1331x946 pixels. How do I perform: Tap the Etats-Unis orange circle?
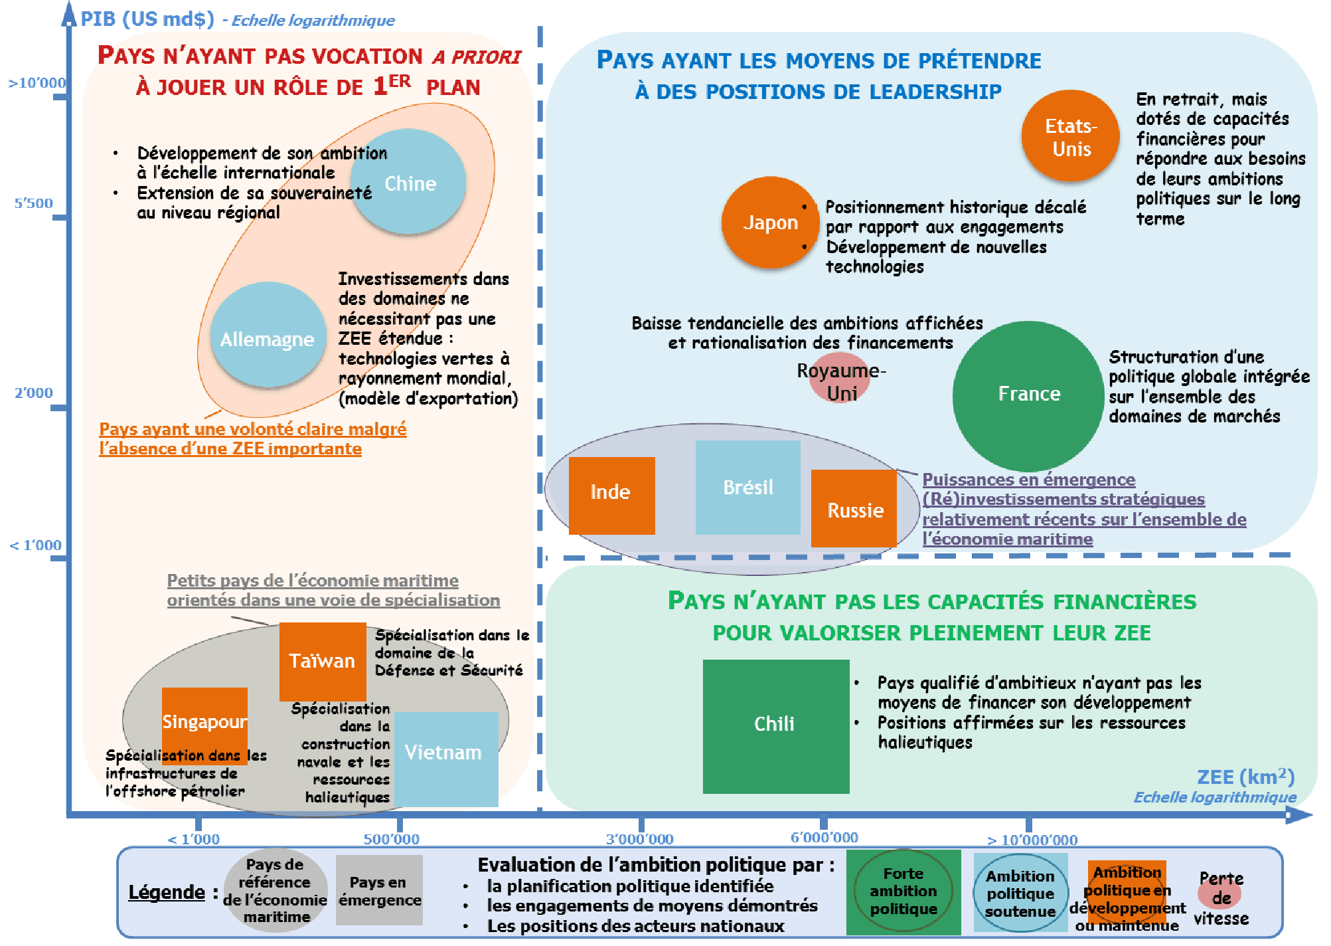coord(1071,136)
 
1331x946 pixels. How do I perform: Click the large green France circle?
coord(1028,395)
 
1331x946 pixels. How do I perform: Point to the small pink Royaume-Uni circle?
coord(841,378)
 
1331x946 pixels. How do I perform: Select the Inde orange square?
coord(611,495)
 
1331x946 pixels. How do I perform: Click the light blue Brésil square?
coord(747,487)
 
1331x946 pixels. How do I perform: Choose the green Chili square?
coord(775,726)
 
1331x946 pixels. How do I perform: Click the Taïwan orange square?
coord(322,661)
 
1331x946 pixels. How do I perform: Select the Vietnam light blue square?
coord(445,759)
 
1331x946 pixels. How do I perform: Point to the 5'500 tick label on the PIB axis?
coord(34,203)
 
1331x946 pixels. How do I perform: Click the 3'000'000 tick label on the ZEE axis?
coord(639,839)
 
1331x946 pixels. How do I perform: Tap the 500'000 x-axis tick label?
coord(391,839)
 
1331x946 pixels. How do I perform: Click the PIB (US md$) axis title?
coord(147,19)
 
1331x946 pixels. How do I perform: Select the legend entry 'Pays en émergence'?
coord(379,890)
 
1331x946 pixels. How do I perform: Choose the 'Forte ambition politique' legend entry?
coord(903,892)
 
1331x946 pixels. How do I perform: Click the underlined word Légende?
coord(167,892)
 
